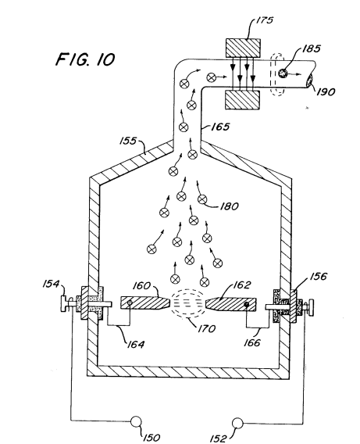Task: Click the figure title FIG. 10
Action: pos(85,59)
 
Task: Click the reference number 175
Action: pos(265,20)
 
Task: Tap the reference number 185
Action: pos(312,48)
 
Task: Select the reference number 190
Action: pos(326,91)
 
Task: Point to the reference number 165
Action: pos(220,127)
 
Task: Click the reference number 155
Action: pos(128,141)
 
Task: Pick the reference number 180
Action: pos(229,206)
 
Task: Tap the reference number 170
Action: pos(207,328)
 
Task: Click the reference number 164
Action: pos(135,344)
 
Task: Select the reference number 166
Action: pos(252,343)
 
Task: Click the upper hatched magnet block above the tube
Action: pos(243,48)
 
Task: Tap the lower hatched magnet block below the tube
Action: pos(242,100)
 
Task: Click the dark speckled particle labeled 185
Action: pos(283,73)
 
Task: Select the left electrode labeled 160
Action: pos(145,303)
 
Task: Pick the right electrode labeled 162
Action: pos(231,304)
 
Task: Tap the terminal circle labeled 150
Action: pos(136,421)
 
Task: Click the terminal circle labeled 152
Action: pos(237,424)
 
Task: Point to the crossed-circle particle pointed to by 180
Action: pos(202,199)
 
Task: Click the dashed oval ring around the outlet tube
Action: pos(277,74)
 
